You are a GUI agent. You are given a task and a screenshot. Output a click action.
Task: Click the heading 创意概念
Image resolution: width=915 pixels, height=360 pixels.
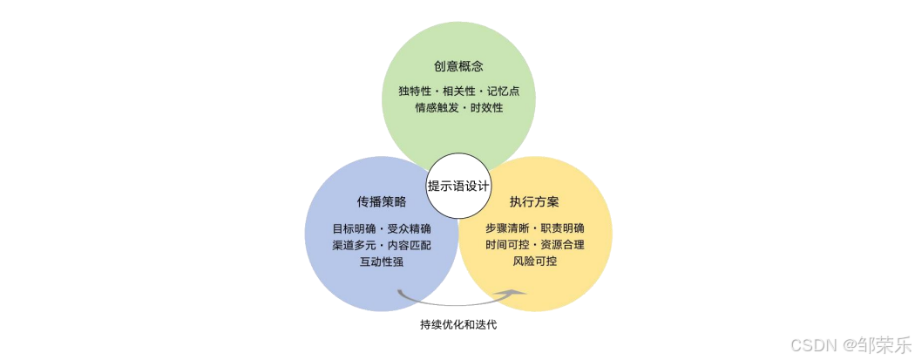pyautogui.click(x=458, y=66)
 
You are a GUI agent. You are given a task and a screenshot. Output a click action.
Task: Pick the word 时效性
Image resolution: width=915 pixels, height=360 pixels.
pyautogui.click(x=487, y=108)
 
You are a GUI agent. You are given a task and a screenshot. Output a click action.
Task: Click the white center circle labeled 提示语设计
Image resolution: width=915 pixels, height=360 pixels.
pyautogui.click(x=458, y=186)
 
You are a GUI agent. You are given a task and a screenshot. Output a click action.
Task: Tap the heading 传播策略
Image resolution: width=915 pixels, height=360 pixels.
pyautogui.click(x=381, y=202)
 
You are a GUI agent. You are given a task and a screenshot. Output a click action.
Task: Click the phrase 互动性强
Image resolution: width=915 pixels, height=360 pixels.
pyautogui.click(x=381, y=262)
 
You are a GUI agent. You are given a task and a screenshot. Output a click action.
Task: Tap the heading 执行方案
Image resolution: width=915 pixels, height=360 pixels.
pyautogui.click(x=534, y=202)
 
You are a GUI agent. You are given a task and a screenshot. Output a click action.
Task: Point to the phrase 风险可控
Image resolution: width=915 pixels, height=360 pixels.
pyautogui.click(x=534, y=262)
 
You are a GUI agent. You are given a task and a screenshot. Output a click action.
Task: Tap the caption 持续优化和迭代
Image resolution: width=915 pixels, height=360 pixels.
pyautogui.click(x=458, y=325)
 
